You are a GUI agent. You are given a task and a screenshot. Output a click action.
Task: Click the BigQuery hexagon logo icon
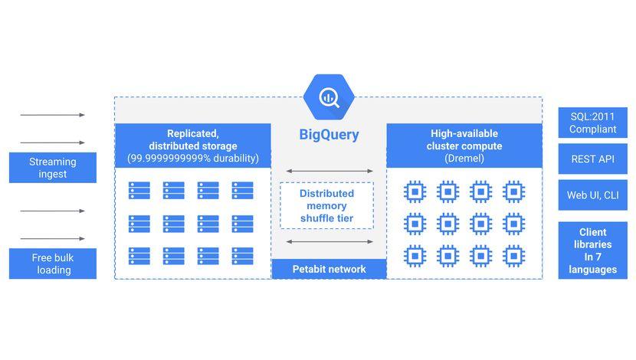[x=329, y=97]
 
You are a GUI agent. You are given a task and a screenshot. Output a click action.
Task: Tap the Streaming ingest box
[x=53, y=168]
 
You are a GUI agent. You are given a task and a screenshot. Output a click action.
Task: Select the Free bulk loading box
[x=53, y=263]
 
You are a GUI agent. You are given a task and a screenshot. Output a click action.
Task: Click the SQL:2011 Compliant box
[x=592, y=123]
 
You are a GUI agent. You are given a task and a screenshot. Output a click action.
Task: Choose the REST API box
[x=592, y=159]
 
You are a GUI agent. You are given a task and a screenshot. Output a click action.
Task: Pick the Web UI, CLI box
[x=592, y=195]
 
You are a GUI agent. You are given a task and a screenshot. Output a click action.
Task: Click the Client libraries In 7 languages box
[x=592, y=250]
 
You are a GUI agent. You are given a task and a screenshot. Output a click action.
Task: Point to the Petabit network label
[x=329, y=269]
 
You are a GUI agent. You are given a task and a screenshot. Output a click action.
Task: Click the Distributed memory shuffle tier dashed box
[x=326, y=205]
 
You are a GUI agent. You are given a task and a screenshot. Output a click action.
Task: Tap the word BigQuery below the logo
[x=329, y=136]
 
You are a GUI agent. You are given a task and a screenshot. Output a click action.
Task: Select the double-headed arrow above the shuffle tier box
[x=329, y=171]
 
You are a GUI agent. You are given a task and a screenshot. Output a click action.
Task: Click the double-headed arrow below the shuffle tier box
[x=329, y=241]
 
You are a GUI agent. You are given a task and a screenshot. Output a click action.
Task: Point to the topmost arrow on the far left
[x=53, y=115]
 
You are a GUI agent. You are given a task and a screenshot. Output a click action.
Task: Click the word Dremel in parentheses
[x=464, y=159]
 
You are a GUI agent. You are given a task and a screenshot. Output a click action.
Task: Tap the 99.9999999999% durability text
[x=192, y=159]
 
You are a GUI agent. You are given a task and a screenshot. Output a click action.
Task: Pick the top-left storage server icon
[x=139, y=190]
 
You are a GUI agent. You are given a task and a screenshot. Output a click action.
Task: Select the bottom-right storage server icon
[x=243, y=255]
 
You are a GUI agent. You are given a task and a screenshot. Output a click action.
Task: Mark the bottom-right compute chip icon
[x=513, y=255]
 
